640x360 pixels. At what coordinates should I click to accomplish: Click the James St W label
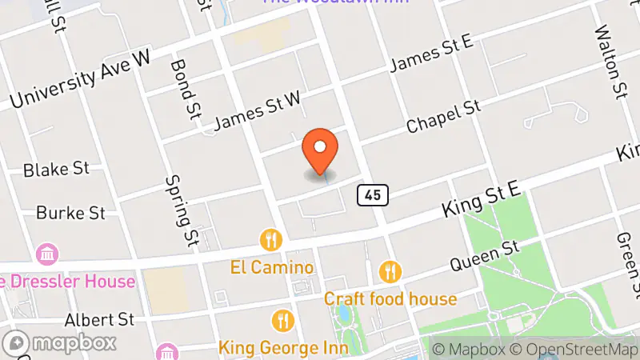coord(258,111)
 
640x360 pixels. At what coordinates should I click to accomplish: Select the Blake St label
coord(56,170)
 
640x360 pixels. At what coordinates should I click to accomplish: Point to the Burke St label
coord(71,213)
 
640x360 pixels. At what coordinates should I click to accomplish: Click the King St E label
coord(483,200)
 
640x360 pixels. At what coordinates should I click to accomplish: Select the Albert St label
coord(101,319)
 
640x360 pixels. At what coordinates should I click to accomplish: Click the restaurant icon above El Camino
coord(272,239)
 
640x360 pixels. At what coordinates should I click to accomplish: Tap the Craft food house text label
coord(390,299)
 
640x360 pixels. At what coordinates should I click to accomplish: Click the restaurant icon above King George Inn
coord(283,322)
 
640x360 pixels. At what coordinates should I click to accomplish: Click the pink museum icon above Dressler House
coord(47,255)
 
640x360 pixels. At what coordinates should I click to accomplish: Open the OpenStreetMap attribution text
coord(574,349)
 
